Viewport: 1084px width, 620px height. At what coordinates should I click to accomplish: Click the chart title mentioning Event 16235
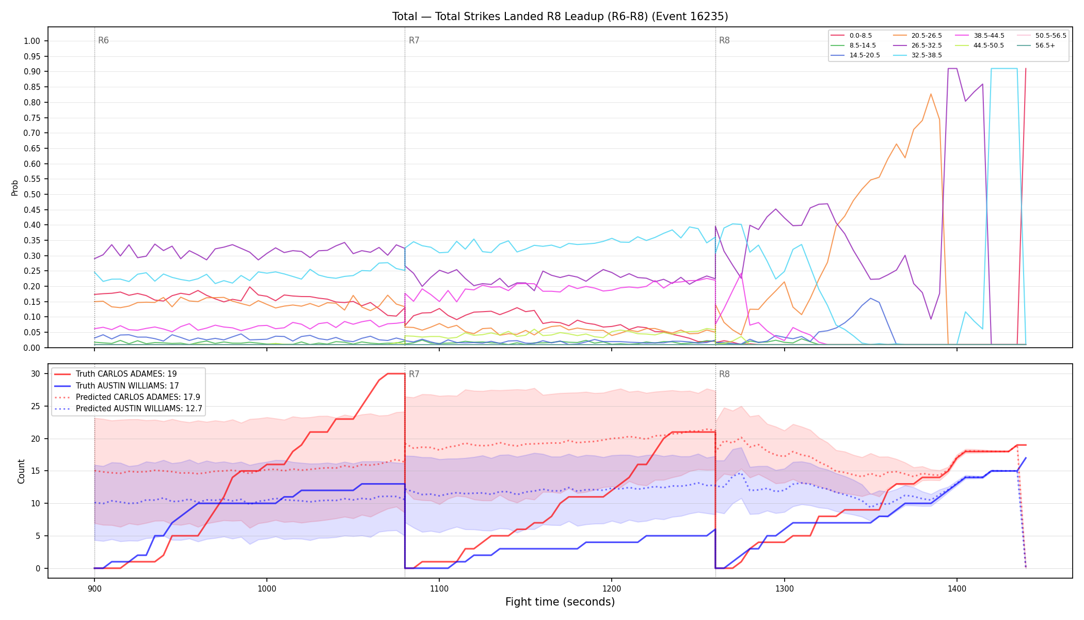560,17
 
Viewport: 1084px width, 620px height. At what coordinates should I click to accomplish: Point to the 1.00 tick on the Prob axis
32,41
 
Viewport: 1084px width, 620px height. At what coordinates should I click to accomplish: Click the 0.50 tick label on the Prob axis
32,195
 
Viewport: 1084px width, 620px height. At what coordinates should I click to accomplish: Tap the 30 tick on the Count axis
36,374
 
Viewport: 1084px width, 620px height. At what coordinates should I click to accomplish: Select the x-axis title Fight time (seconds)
560,602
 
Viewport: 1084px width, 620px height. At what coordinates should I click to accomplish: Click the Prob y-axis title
14,188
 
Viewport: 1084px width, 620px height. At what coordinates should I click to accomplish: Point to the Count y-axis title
21,471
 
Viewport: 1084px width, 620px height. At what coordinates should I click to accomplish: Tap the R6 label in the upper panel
103,41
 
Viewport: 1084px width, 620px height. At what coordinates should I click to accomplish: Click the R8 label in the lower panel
724,375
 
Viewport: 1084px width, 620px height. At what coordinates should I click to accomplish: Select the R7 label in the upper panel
414,41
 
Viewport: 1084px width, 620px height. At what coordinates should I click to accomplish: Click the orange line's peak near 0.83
931,94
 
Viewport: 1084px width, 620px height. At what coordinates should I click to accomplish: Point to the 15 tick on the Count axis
36,471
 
